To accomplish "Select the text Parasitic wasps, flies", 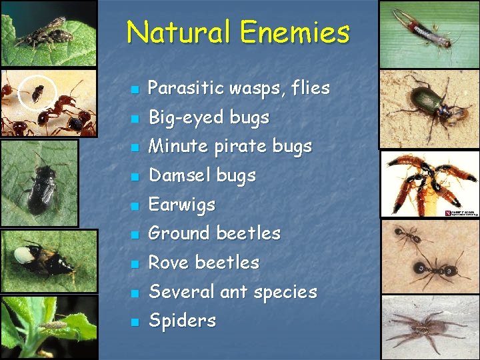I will coord(239,88).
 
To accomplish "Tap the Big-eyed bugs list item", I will coord(209,117).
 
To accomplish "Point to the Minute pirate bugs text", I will coord(230,146).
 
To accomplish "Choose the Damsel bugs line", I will coord(202,175).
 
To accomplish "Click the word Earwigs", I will coord(182,204).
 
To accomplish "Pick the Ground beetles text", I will coord(214,233).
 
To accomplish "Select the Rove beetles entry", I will coord(203,263).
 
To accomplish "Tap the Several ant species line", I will coord(233,292).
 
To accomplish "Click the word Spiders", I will coord(182,321).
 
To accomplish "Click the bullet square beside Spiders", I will coord(134,322).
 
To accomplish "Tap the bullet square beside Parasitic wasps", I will coord(134,89).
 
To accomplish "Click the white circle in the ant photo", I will coord(37,93).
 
